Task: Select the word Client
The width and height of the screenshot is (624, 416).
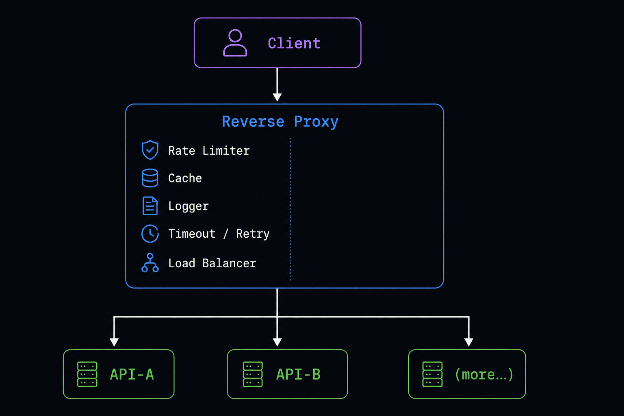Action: point(294,43)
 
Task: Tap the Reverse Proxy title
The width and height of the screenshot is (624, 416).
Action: point(280,122)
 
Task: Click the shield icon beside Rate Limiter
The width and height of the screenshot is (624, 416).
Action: point(150,149)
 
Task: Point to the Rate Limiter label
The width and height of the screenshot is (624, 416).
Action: point(209,151)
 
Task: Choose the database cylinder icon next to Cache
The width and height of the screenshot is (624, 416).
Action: point(150,178)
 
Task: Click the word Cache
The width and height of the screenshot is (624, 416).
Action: point(185,178)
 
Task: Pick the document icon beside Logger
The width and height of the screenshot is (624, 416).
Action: point(150,206)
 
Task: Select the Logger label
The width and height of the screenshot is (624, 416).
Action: point(188,206)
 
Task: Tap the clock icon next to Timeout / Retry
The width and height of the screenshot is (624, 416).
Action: point(150,234)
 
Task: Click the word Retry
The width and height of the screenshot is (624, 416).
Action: point(253,234)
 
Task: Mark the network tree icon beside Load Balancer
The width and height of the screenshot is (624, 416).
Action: point(150,262)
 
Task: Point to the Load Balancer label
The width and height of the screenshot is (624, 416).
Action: point(212,263)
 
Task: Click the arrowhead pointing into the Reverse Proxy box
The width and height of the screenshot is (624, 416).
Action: point(277,97)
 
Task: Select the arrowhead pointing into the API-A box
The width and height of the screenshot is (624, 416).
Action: point(114,342)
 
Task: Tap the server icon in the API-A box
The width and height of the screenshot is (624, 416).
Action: point(87,374)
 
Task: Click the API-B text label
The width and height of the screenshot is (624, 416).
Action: point(298,374)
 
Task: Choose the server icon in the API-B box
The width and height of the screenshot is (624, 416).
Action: point(253,374)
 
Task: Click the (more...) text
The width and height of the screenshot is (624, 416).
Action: point(484,375)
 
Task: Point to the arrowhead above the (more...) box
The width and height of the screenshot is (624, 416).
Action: point(469,342)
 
